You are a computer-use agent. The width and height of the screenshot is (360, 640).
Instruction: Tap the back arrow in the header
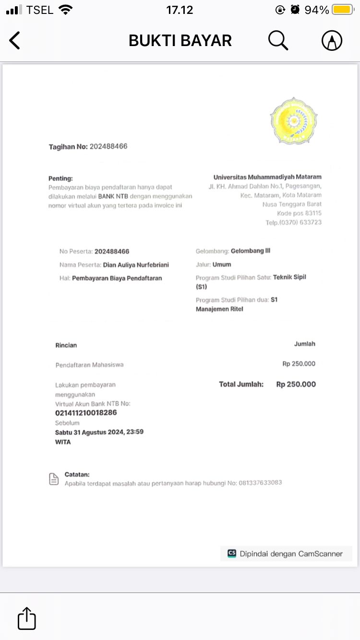click(15, 41)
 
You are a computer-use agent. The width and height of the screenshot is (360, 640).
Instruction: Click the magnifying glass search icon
click(278, 40)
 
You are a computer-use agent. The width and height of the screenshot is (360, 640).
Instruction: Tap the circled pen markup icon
click(332, 41)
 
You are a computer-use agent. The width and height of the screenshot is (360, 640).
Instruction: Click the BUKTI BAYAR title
click(180, 41)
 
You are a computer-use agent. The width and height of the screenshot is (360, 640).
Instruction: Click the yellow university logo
click(293, 120)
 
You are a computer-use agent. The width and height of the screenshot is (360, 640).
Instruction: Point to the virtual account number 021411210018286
click(86, 413)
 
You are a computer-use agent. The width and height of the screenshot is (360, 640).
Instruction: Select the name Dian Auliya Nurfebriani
click(136, 265)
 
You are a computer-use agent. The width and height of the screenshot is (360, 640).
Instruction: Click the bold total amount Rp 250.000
click(296, 384)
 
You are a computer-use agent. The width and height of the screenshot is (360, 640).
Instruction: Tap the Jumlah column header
click(305, 344)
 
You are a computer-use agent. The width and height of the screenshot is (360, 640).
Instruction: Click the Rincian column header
click(66, 345)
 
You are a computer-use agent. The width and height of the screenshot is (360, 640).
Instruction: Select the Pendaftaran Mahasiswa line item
click(89, 365)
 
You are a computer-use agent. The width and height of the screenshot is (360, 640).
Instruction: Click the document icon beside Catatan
click(54, 479)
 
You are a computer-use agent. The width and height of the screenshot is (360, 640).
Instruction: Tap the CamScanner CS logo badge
click(232, 553)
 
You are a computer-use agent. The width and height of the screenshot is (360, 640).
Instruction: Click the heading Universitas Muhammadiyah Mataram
click(267, 177)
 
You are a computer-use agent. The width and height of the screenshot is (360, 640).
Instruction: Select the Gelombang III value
click(251, 251)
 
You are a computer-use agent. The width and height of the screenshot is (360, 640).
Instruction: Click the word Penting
click(60, 178)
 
